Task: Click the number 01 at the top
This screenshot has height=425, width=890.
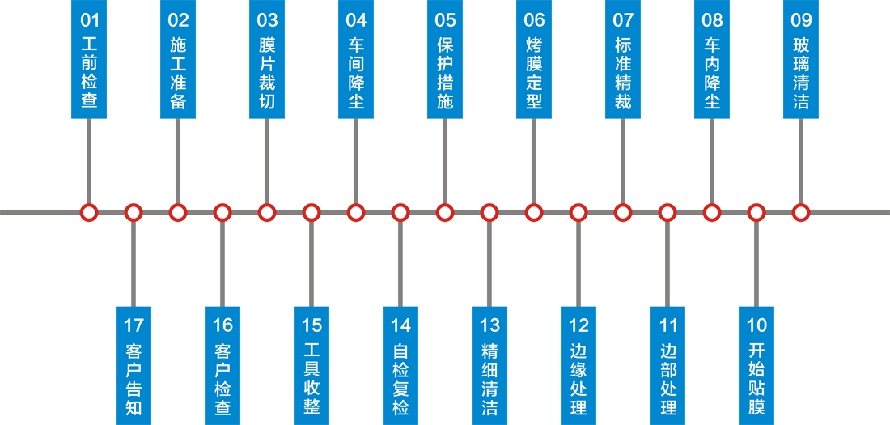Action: click(90, 20)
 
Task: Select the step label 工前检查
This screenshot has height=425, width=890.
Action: click(90, 71)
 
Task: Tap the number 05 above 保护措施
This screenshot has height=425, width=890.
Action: click(445, 20)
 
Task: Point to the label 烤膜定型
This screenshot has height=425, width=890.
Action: click(534, 71)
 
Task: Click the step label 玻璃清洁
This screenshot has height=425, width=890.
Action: click(801, 71)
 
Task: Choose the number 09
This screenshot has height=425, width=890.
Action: click(801, 20)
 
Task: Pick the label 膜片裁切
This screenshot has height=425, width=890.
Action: click(267, 71)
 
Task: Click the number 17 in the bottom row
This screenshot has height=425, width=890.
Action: click(133, 325)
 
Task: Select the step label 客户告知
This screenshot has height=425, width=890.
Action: click(133, 379)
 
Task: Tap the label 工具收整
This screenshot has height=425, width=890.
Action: click(311, 379)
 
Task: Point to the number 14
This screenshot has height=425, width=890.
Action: click(400, 325)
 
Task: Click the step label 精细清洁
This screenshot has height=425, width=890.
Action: click(489, 379)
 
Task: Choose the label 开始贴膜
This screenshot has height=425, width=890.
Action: click(756, 379)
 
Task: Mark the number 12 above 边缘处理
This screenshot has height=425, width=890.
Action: click(578, 325)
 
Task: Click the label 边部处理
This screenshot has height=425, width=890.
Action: click(667, 379)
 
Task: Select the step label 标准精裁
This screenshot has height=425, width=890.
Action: click(623, 71)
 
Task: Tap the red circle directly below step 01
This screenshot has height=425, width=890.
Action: click(89, 212)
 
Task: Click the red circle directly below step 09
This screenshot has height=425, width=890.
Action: click(801, 212)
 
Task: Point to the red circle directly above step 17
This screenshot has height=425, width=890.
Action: click(133, 212)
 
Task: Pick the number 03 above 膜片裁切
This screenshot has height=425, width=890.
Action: click(267, 20)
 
